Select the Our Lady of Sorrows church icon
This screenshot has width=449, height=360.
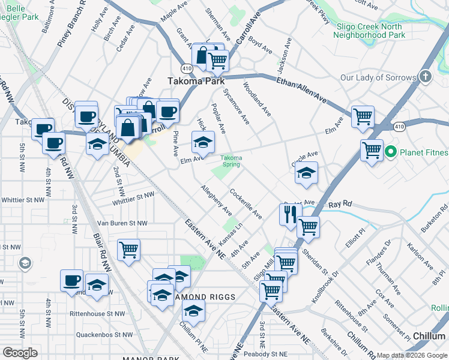425,76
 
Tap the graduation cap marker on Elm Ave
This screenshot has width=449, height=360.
202,143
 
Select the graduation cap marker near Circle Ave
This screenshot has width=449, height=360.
306,173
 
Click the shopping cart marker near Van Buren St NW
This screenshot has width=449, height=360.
128,250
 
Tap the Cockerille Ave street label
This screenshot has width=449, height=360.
246,203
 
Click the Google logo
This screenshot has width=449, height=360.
20,353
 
